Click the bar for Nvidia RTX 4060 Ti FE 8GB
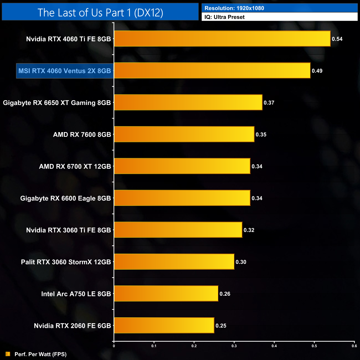pos(222,39)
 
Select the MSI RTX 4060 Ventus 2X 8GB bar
pos(212,71)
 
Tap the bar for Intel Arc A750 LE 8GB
pos(166,294)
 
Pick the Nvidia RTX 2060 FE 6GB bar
pos(164,325)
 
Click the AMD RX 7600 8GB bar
pos(184,134)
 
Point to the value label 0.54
pos(337,39)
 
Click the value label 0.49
pos(317,71)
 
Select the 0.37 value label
pos(269,103)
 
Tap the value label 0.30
pos(241,262)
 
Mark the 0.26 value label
pos(225,294)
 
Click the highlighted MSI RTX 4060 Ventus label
pos(65,71)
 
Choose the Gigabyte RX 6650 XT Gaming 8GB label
pos(57,103)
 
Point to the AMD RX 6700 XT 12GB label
pos(75,166)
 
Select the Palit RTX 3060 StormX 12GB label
pos(66,262)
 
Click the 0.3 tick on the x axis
pos(234,346)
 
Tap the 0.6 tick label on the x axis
pos(354,346)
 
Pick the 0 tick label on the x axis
pos(114,346)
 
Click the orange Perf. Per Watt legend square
pos(8,354)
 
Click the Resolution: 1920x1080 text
pos(234,8)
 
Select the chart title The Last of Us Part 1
pos(100,12)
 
